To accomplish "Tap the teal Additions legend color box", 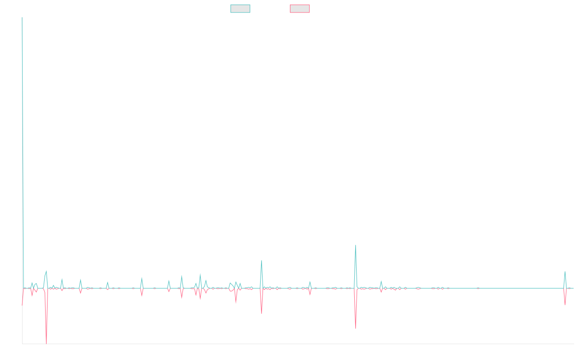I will click(240, 9).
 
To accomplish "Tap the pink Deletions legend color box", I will click(300, 9).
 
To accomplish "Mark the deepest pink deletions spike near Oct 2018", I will click(46, 343).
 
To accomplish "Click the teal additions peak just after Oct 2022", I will click(355, 245).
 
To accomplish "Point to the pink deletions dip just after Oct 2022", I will click(356, 328).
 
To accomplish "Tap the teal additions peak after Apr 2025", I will click(565, 272).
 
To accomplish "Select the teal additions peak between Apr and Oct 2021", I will click(262, 261).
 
